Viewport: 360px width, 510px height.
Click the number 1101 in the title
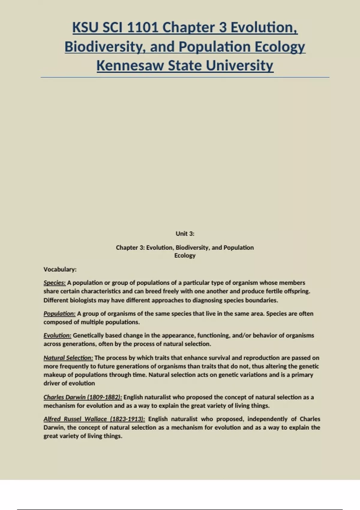[x=143, y=28]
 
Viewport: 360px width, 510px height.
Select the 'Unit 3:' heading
[x=185, y=234]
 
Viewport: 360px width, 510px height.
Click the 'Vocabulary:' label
[x=60, y=269]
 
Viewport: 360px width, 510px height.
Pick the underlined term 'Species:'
[x=55, y=283]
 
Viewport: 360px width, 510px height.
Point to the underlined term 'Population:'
[x=59, y=313]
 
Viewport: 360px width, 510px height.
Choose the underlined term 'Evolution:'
[x=57, y=335]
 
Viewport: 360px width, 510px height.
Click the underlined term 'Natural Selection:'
[x=68, y=358]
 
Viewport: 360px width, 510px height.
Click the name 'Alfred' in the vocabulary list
[x=52, y=419]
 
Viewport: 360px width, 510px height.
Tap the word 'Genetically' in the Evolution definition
[x=88, y=335]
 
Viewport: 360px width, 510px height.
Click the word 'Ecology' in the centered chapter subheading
[x=185, y=256]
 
